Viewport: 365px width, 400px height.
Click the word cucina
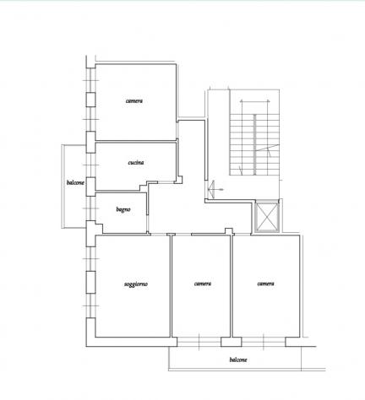pyautogui.click(x=136, y=163)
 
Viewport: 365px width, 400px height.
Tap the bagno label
pyautogui.click(x=123, y=209)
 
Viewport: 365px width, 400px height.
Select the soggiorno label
pyautogui.click(x=136, y=284)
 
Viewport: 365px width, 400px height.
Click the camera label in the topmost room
pyautogui.click(x=134, y=100)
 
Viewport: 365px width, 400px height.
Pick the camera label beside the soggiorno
pyautogui.click(x=203, y=284)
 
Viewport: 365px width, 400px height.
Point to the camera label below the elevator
pyautogui.click(x=265, y=284)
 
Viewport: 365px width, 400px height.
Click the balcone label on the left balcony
pyautogui.click(x=75, y=182)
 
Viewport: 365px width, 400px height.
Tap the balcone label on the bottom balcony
pyautogui.click(x=238, y=359)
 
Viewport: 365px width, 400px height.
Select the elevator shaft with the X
pyautogui.click(x=267, y=216)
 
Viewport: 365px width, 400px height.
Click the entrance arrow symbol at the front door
pyautogui.click(x=214, y=189)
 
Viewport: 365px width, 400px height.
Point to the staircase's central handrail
pyautogui.click(x=255, y=144)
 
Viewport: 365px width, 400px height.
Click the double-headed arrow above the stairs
pyautogui.click(x=255, y=101)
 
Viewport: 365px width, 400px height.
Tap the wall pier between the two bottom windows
pyautogui.click(x=231, y=342)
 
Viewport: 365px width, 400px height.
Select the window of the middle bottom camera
pyautogui.click(x=199, y=342)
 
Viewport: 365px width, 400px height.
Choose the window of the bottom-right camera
pyautogui.click(x=264, y=342)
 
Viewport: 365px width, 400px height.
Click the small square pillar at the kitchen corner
pyautogui.click(x=178, y=180)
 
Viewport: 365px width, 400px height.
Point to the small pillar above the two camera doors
pyautogui.click(x=229, y=231)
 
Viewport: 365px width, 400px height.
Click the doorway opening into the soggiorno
pyautogui.click(x=159, y=234)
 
